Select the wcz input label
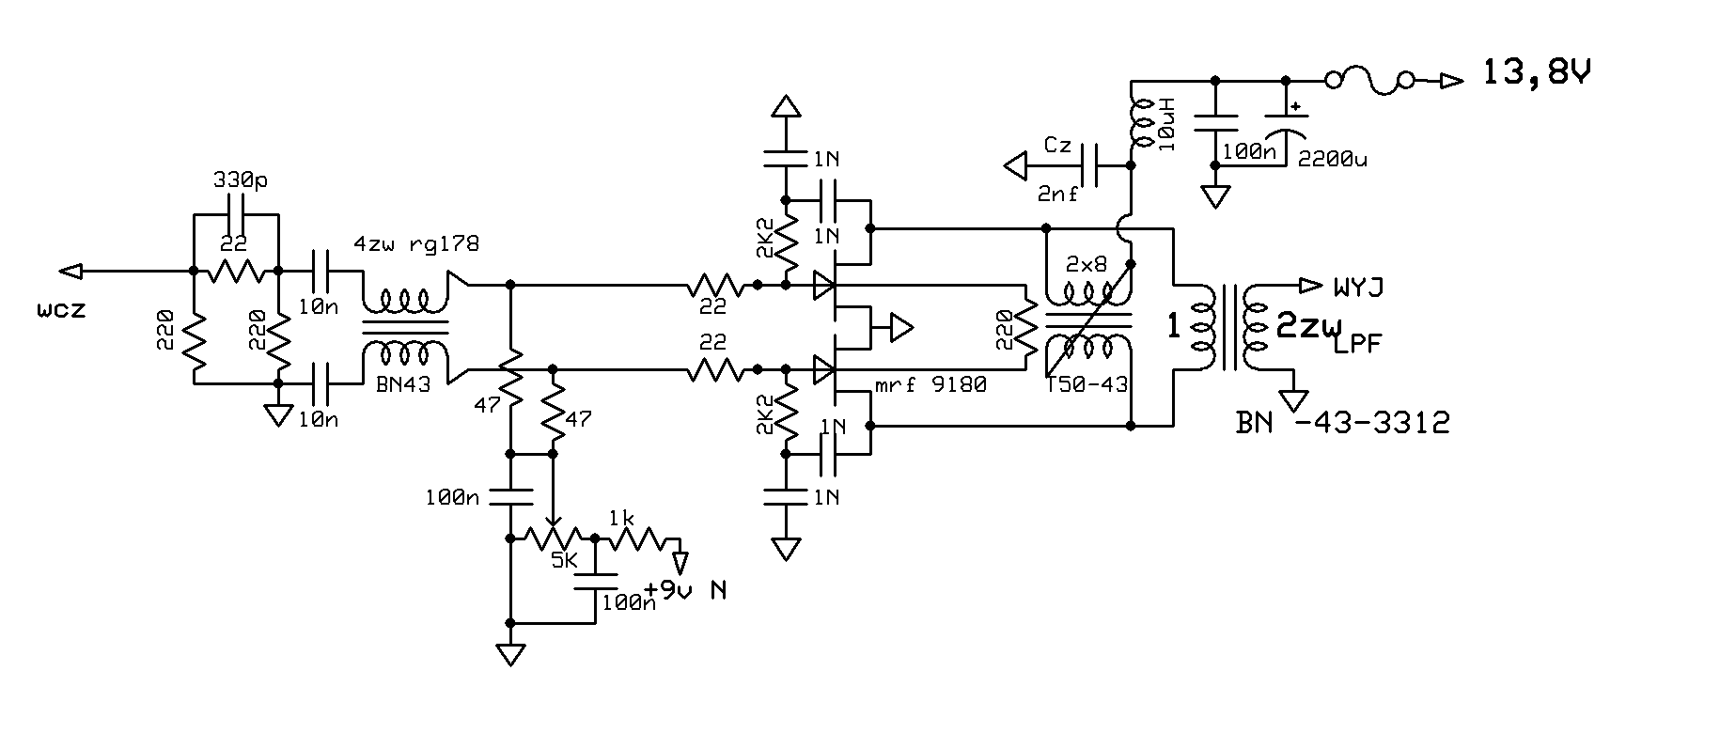[62, 308]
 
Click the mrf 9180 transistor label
[930, 384]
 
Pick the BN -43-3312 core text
[1342, 423]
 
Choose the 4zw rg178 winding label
[415, 244]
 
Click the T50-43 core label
[1087, 384]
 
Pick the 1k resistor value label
[621, 518]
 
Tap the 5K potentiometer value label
[564, 561]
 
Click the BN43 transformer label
[403, 383]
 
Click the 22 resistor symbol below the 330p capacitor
[234, 272]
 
